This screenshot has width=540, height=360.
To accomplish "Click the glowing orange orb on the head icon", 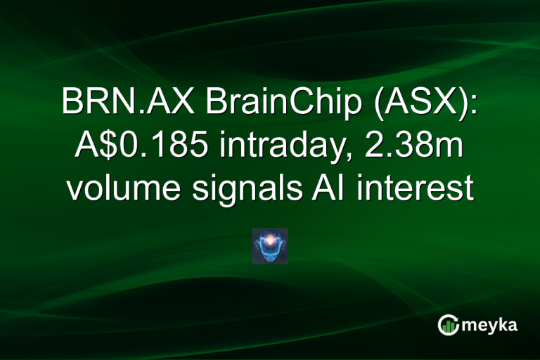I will [270, 238].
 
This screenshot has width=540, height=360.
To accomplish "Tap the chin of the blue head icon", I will [270, 257].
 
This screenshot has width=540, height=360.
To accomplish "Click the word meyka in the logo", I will [490, 324].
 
